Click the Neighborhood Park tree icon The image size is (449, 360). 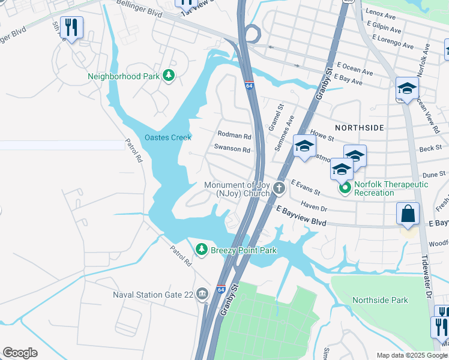coord(170,76)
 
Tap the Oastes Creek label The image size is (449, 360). coord(168,137)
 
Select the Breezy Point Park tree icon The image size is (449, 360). coord(202,249)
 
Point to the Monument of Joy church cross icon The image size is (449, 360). coord(279,189)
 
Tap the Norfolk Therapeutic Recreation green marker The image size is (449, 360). coord(345,188)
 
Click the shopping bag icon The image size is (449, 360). coord(408,214)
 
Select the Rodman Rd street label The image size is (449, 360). coord(234,136)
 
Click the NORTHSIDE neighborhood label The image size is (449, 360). coord(359,128)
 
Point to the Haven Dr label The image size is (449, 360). coord(314,207)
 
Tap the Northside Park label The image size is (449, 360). coord(380,300)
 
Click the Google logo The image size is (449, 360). coord(20,353)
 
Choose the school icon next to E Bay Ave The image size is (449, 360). coord(407,89)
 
